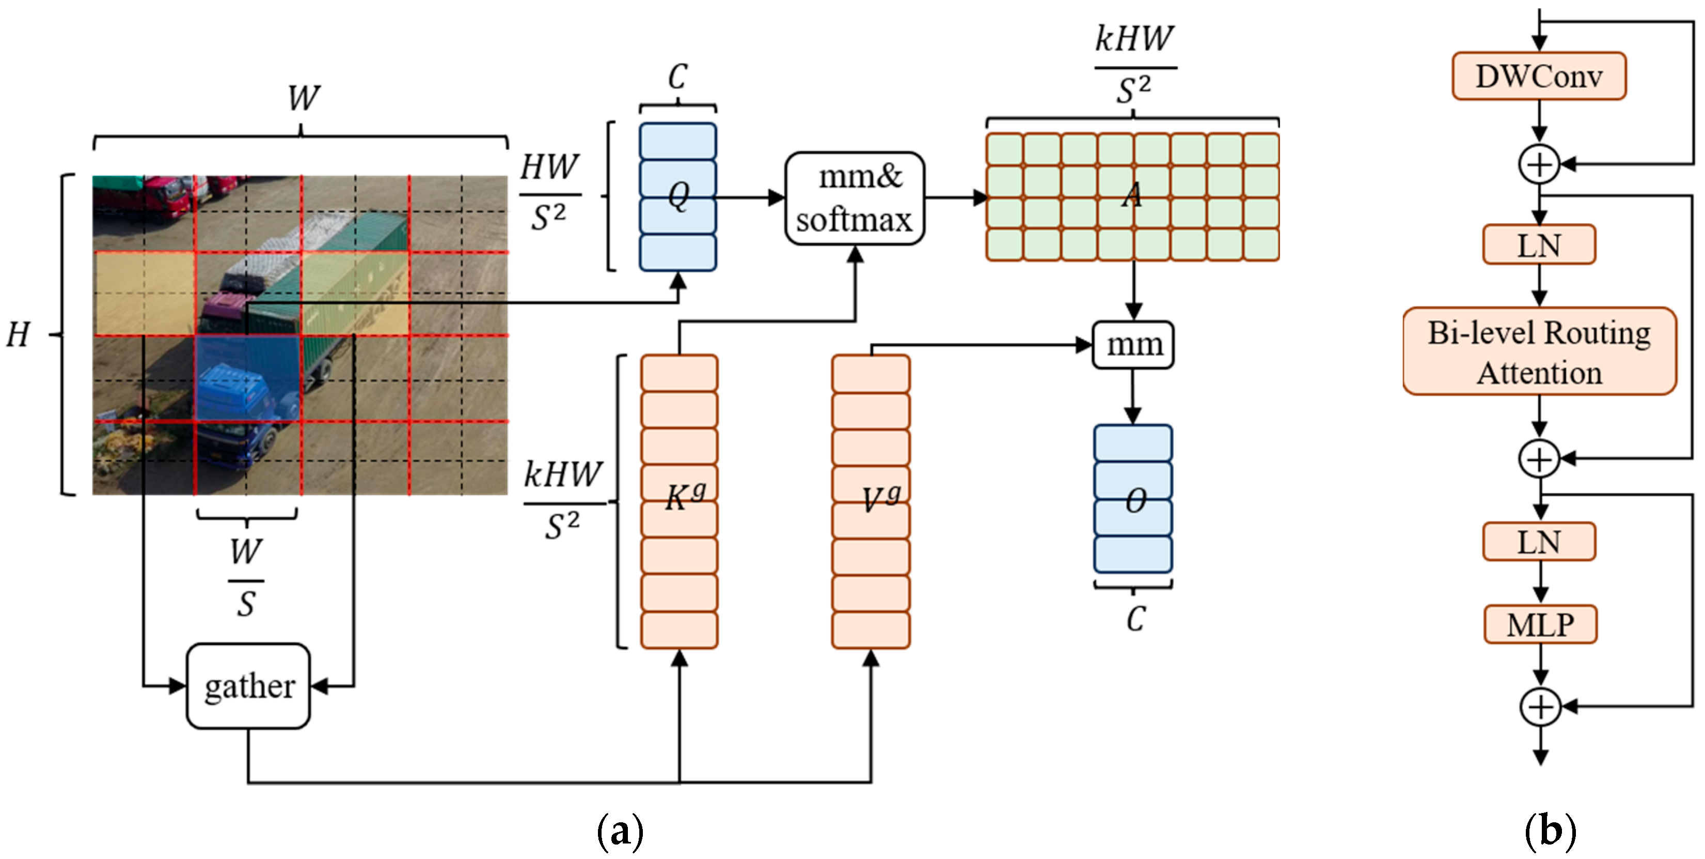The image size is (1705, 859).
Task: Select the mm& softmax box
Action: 855,198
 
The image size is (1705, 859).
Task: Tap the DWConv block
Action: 1539,76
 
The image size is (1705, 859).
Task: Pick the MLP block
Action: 1540,624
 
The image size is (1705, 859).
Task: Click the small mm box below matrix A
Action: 1132,344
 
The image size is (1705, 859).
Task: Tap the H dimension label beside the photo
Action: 19,334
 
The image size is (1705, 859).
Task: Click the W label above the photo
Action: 303,98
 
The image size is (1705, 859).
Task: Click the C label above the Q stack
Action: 677,77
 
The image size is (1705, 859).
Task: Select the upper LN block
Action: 1539,245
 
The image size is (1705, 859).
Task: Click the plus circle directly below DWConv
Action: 1539,164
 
